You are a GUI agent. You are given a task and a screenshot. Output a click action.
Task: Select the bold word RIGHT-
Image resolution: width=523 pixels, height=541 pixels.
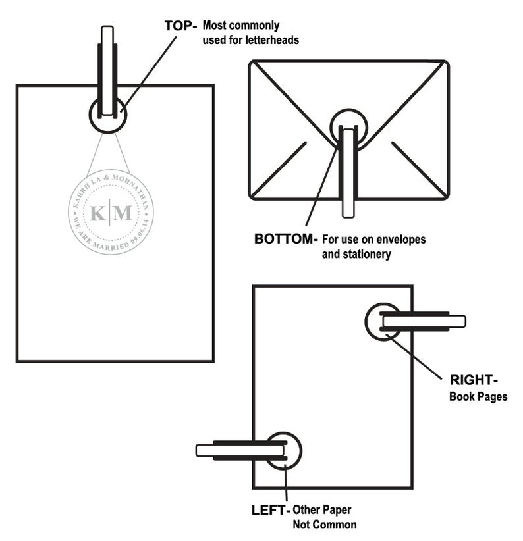(474, 380)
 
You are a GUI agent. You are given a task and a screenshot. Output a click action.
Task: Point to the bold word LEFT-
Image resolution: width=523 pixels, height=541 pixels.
(270, 509)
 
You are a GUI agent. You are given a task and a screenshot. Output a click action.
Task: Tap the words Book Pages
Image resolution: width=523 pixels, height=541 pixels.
(478, 397)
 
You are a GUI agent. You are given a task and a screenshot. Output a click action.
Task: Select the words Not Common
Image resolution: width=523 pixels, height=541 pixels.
(324, 525)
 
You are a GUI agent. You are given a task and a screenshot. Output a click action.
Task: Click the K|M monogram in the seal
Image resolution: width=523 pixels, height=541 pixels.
(111, 213)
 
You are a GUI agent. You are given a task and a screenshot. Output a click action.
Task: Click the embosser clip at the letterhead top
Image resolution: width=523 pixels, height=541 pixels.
(107, 72)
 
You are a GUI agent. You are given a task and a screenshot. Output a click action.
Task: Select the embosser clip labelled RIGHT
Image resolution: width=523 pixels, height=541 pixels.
(422, 321)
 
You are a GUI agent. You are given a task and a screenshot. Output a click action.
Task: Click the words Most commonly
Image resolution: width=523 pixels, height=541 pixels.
(240, 26)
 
